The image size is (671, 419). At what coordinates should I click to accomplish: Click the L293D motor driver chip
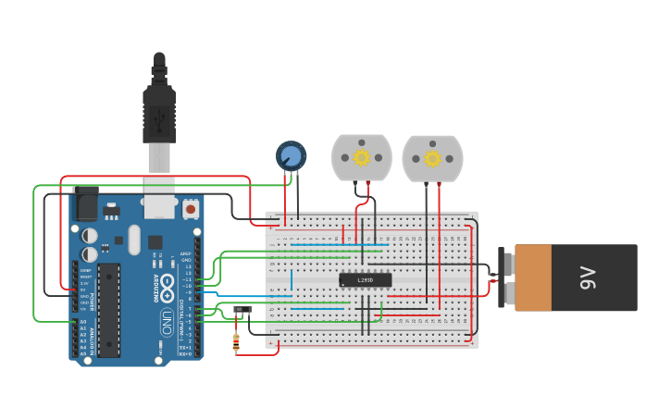(x=365, y=279)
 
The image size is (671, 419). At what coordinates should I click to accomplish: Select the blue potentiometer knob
(x=291, y=155)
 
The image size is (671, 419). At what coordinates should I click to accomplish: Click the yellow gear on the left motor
(x=362, y=157)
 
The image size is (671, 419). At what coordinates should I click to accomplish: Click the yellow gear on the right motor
(x=432, y=158)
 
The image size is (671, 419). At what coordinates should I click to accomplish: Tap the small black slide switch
(x=242, y=309)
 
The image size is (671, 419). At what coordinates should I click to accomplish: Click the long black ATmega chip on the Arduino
(x=109, y=309)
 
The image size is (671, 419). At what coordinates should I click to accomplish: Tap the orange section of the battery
(x=545, y=277)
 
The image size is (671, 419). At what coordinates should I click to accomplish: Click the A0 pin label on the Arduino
(x=83, y=322)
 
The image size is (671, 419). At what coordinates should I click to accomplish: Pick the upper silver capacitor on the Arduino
(x=90, y=236)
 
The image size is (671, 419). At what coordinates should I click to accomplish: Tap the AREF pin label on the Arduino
(x=185, y=253)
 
